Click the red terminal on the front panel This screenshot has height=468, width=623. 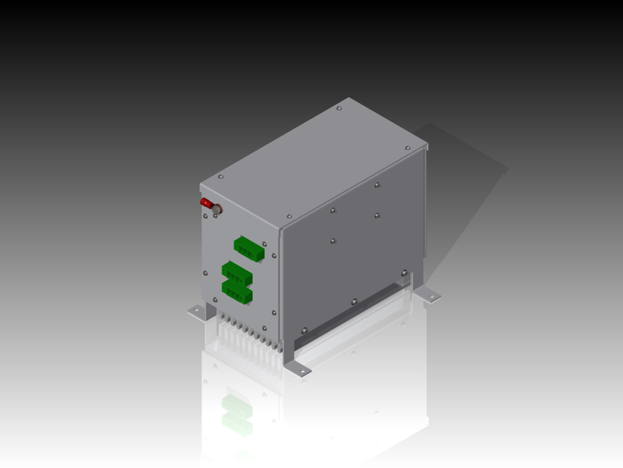click(x=207, y=203)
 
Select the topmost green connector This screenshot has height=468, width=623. click(x=248, y=248)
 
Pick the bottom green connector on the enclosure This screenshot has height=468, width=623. click(x=237, y=291)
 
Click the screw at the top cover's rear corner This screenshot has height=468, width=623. click(x=339, y=108)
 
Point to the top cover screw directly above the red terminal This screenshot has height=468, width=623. click(x=221, y=176)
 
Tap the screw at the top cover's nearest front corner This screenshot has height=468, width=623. click(x=289, y=216)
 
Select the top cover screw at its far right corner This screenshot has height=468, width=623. click(x=408, y=148)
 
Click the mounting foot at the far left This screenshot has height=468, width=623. click(x=196, y=312)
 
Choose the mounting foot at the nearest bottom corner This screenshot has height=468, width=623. click(x=299, y=371)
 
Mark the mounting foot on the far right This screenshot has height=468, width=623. click(x=430, y=296)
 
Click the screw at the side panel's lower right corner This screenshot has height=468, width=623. click(x=403, y=273)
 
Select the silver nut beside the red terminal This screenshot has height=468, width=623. click(x=217, y=211)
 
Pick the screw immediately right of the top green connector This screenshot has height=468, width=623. click(x=264, y=245)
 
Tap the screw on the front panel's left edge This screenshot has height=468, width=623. click(x=205, y=273)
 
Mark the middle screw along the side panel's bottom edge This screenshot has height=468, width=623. click(x=354, y=301)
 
